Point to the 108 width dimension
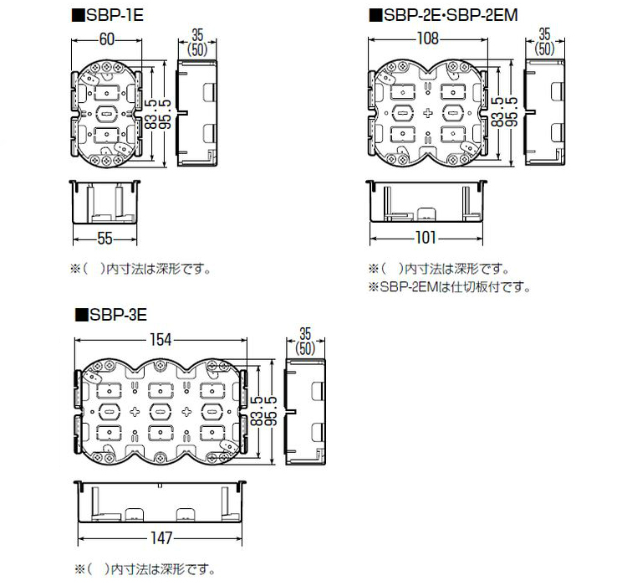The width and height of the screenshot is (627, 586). click(427, 39)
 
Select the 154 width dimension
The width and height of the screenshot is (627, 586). click(161, 339)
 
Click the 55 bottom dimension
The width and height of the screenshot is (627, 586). click(104, 239)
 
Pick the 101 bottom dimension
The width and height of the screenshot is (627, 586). click(426, 239)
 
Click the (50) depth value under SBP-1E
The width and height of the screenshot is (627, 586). click(197, 49)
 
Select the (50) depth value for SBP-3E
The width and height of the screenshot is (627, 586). click(305, 347)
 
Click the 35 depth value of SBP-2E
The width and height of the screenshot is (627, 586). click(544, 34)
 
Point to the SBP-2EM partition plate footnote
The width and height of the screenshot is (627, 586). click(450, 286)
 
